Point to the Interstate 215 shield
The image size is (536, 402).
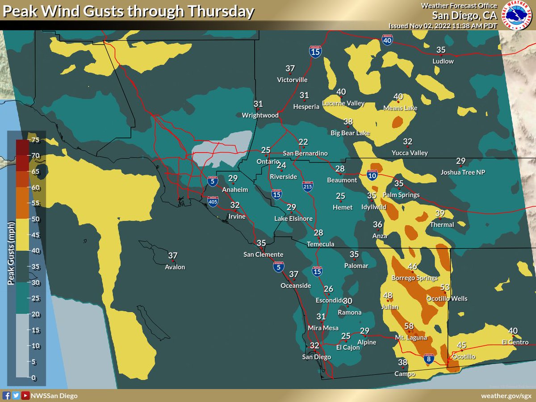click(x=307, y=187)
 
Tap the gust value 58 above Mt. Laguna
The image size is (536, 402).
click(x=409, y=327)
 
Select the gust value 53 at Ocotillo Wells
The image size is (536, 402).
click(x=445, y=287)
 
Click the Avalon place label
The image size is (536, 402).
click(x=175, y=267)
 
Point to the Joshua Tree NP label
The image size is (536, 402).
click(x=463, y=172)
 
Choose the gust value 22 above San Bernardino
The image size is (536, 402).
click(x=303, y=142)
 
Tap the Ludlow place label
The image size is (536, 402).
click(x=443, y=61)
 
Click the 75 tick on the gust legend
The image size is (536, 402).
click(x=35, y=140)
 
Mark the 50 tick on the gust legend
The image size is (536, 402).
click(x=35, y=219)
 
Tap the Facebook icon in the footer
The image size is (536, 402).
click(x=7, y=395)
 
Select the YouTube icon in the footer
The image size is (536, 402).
click(x=25, y=395)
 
